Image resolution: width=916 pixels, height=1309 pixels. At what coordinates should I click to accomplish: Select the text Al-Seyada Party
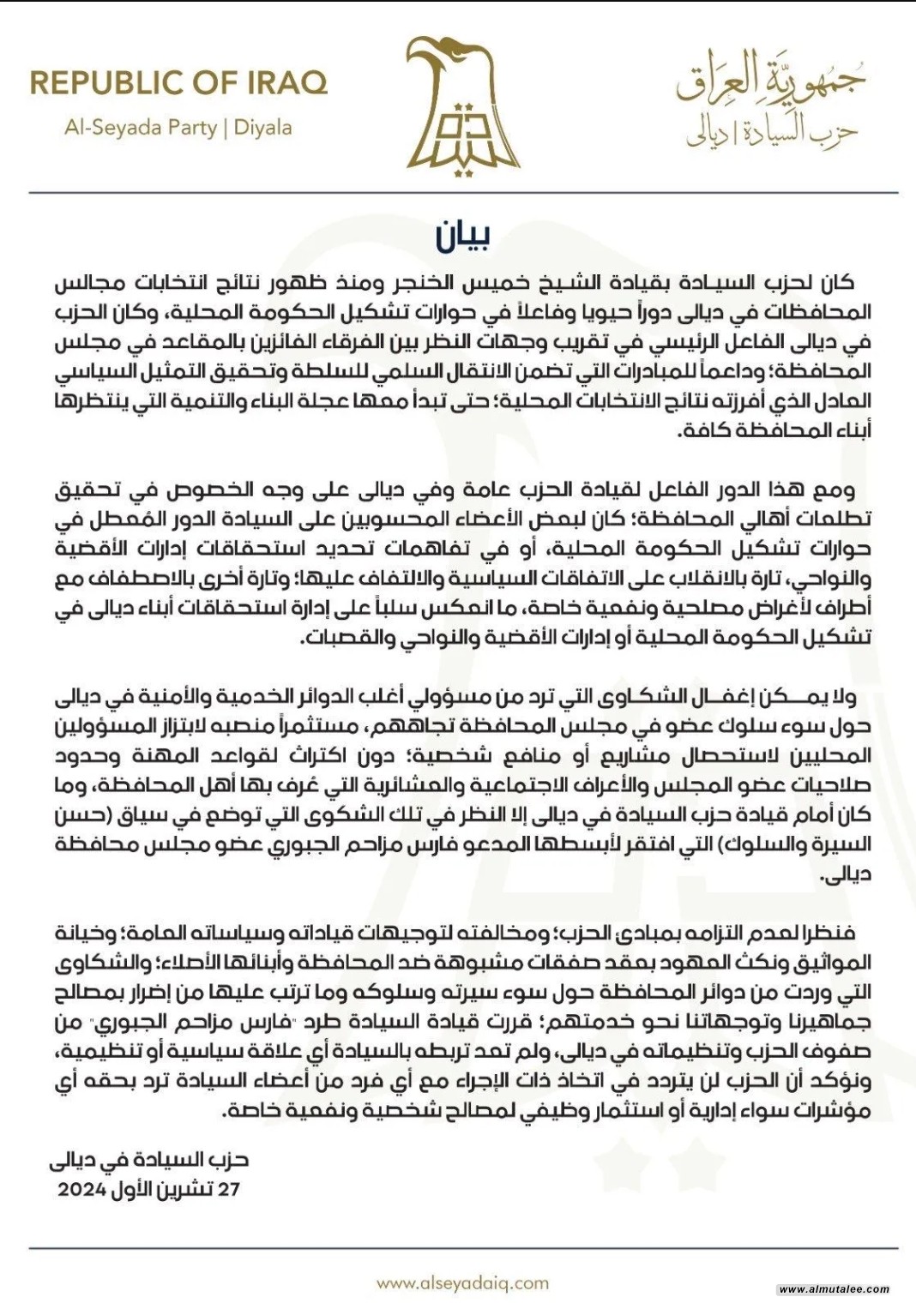(x=141, y=128)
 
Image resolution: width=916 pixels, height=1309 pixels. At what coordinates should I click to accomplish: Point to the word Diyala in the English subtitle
(x=263, y=128)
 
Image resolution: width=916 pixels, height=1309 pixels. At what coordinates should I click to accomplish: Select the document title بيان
(x=463, y=237)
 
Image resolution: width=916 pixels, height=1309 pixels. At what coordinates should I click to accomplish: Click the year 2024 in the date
(x=82, y=1190)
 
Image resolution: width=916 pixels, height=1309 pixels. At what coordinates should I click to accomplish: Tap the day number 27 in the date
(x=228, y=1190)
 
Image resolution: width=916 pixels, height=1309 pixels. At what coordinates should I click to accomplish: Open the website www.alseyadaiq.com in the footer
(x=462, y=1283)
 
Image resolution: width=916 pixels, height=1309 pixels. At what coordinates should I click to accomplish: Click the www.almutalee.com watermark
(x=834, y=1289)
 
